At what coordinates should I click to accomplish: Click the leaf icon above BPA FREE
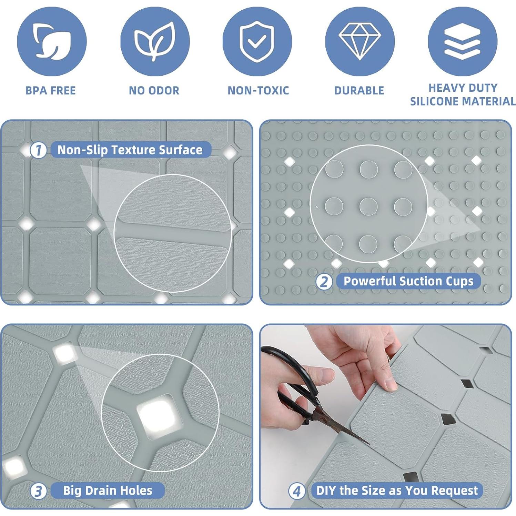point(52,41)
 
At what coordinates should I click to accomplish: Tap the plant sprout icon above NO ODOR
point(155,41)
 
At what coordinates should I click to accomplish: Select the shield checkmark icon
point(257,41)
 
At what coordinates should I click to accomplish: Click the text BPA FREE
point(51,91)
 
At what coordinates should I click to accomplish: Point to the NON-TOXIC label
point(258,91)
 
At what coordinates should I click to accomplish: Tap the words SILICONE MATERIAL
point(463,101)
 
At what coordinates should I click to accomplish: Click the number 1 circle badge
point(38,150)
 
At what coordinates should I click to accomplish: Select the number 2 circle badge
point(324,282)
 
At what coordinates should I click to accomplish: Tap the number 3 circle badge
point(38,491)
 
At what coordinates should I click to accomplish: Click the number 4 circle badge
point(297,491)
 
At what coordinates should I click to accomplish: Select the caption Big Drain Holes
point(108,490)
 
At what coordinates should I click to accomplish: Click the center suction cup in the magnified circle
point(368,206)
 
